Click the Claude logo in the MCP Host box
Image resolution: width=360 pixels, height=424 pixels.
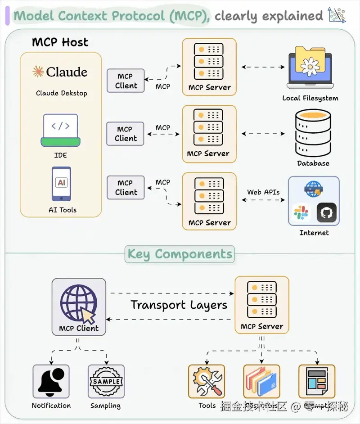coord(60,72)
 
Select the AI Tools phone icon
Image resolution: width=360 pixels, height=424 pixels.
coord(62,184)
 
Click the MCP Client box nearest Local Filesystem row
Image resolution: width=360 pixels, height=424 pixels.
coord(126,81)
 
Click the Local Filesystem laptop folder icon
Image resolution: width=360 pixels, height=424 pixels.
coord(310,68)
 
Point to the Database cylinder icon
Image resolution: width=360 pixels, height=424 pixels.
coord(313,133)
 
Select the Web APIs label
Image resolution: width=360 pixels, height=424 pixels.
coord(263,192)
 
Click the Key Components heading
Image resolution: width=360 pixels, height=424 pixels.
coord(180,254)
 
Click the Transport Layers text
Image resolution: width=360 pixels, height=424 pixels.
coord(179,305)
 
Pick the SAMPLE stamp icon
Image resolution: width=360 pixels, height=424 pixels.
coord(106,381)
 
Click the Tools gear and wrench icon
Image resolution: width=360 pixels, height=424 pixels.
coord(206,381)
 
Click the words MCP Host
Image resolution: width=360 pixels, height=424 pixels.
coord(60,42)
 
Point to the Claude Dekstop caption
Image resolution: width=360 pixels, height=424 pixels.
coord(62,93)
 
